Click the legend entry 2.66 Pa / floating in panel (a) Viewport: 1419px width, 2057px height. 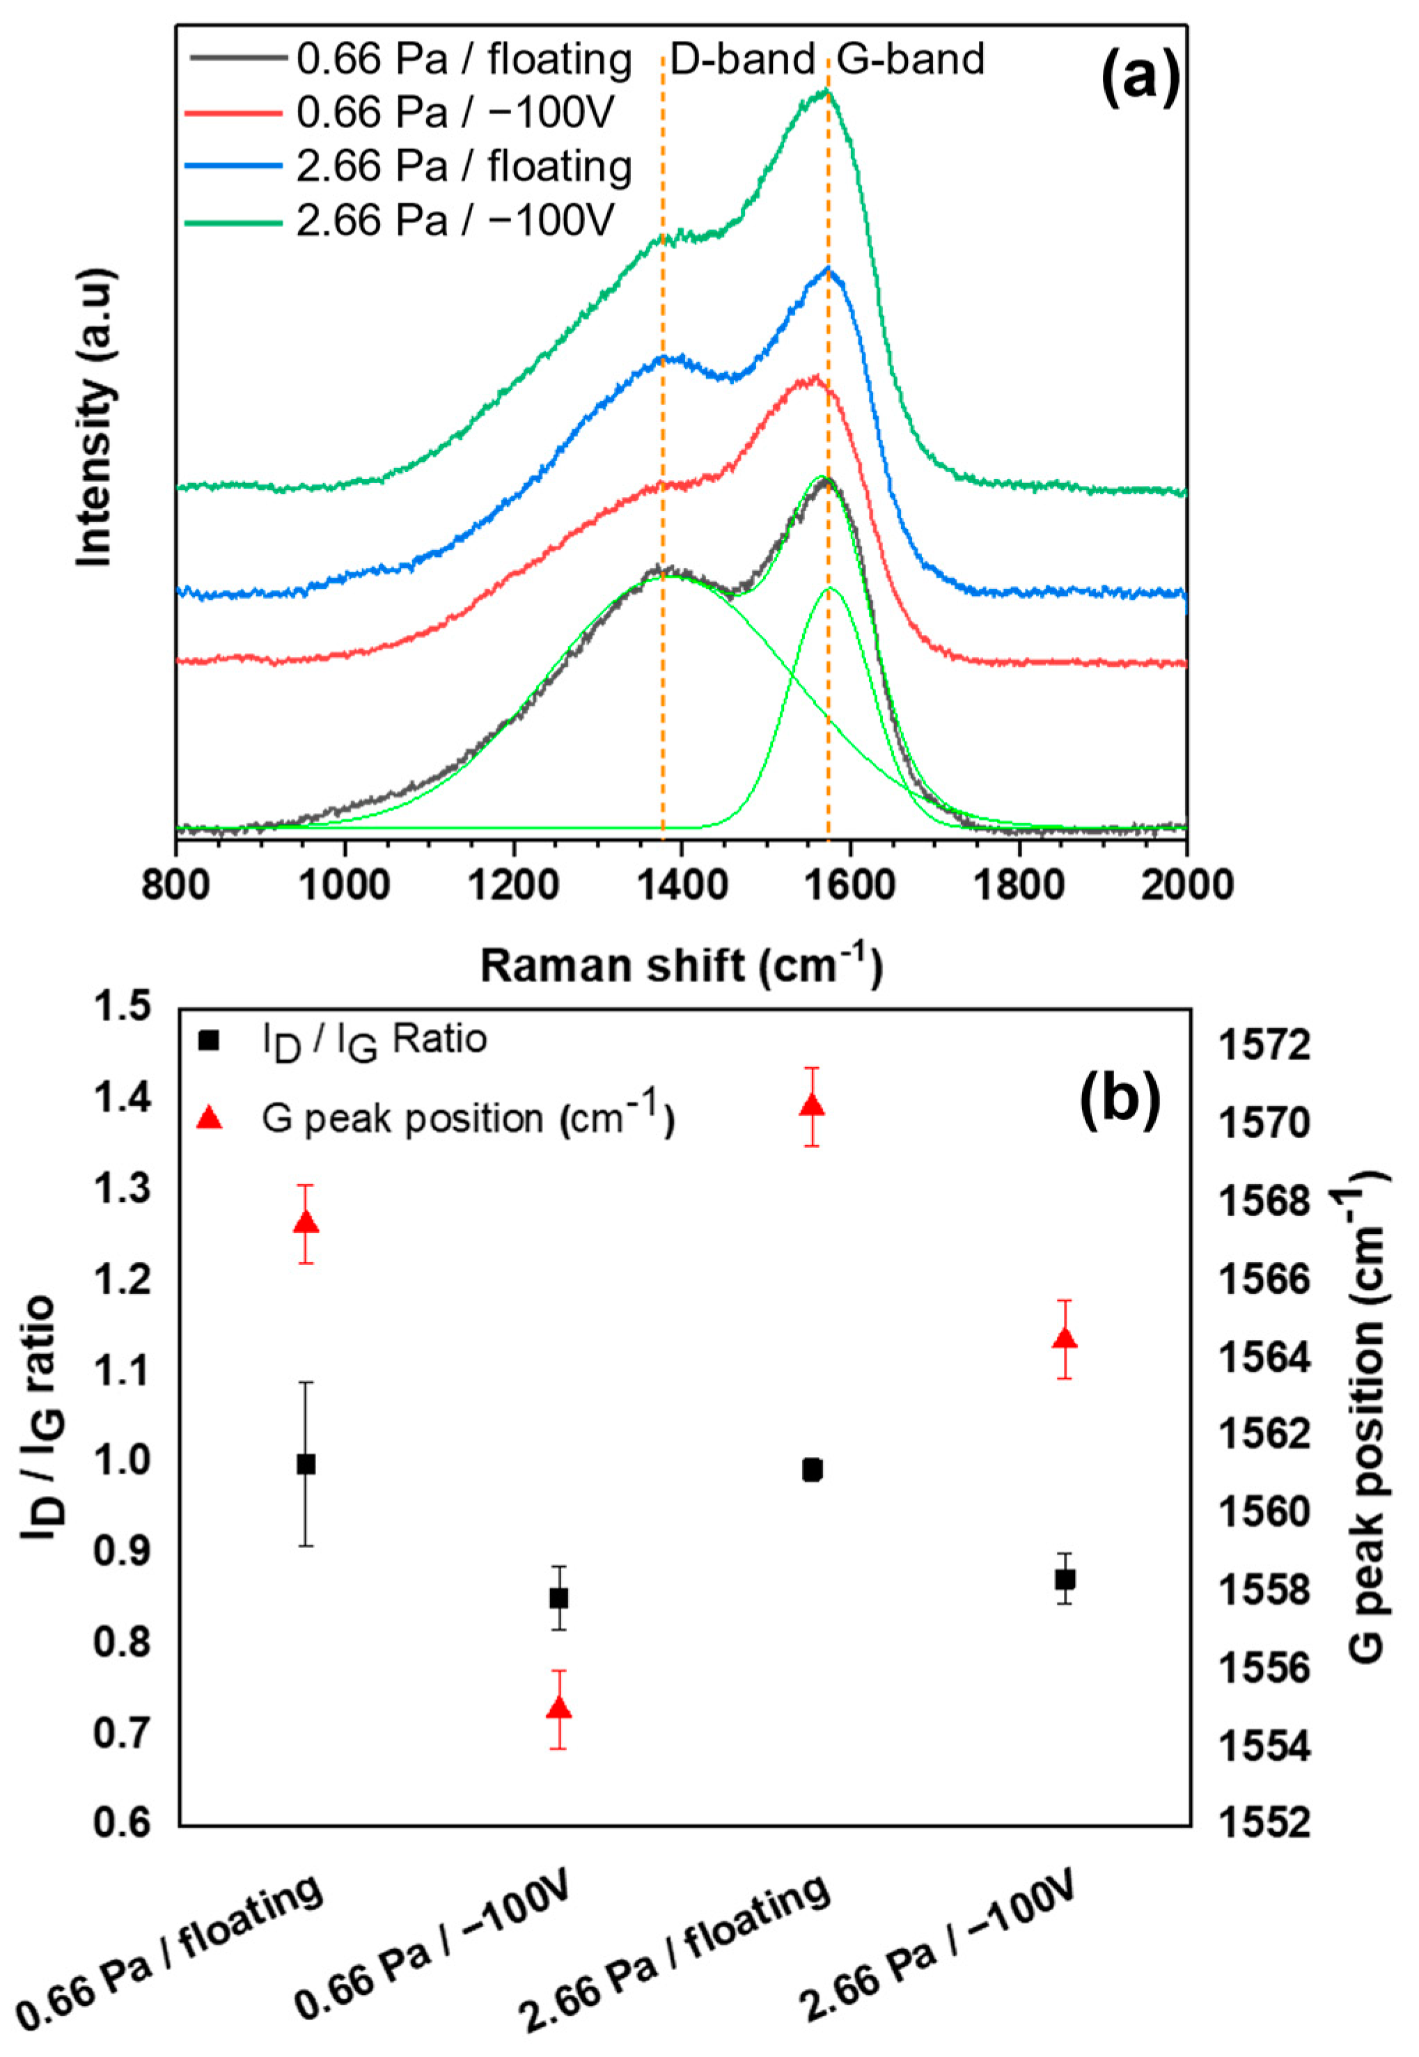click(463, 166)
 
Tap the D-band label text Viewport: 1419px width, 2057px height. click(742, 60)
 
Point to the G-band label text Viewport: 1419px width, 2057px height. click(911, 60)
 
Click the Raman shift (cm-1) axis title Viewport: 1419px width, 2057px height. click(682, 966)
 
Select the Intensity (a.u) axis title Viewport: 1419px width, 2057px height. click(95, 418)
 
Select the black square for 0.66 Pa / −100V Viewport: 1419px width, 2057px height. click(558, 1598)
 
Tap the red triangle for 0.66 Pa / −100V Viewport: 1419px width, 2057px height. click(558, 1708)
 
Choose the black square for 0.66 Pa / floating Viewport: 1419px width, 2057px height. click(306, 1464)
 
